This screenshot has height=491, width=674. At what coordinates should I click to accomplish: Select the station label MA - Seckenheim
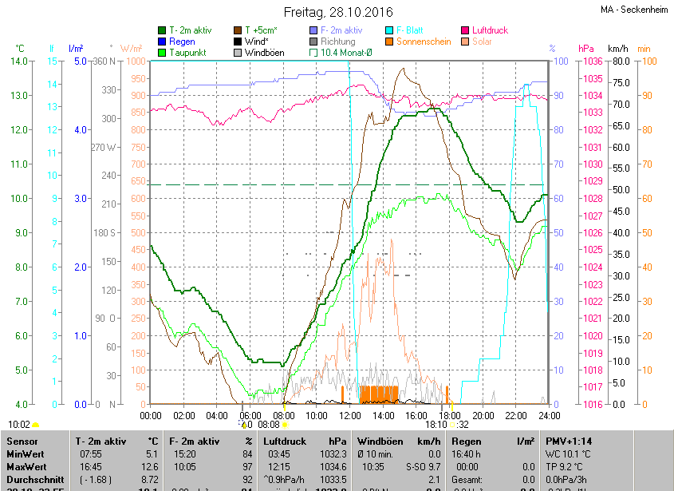(635, 9)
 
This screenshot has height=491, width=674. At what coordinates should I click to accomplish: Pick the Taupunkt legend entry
(188, 53)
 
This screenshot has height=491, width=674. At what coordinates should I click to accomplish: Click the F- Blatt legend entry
(410, 30)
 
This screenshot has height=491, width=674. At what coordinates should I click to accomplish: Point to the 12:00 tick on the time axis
(349, 416)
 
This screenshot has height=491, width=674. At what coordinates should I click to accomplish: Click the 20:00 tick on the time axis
(482, 416)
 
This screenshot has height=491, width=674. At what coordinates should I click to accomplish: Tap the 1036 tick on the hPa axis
(591, 61)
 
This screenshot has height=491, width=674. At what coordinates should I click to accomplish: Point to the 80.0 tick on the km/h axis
(621, 61)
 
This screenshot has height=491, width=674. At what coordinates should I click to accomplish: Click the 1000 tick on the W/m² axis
(136, 61)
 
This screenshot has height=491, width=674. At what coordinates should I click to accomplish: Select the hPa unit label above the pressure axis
(586, 48)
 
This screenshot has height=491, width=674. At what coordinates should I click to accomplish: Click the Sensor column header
(22, 441)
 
